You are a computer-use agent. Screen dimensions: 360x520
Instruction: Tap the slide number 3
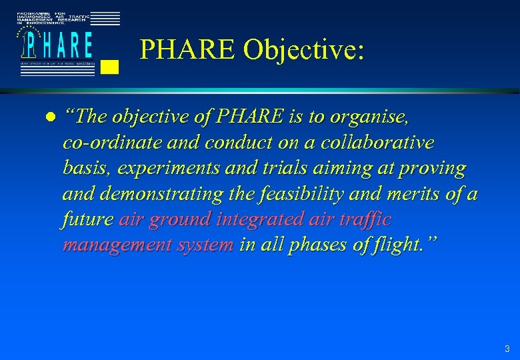coord(507,349)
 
